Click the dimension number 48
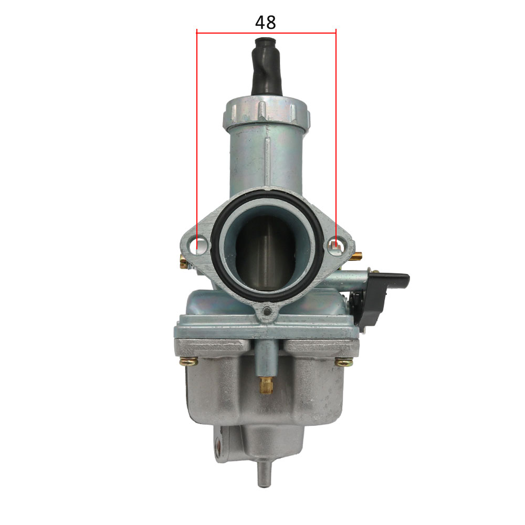click(x=265, y=23)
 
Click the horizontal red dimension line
click(x=266, y=33)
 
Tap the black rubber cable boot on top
click(x=267, y=66)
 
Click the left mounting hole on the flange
click(x=201, y=246)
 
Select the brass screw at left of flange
click(x=184, y=262)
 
